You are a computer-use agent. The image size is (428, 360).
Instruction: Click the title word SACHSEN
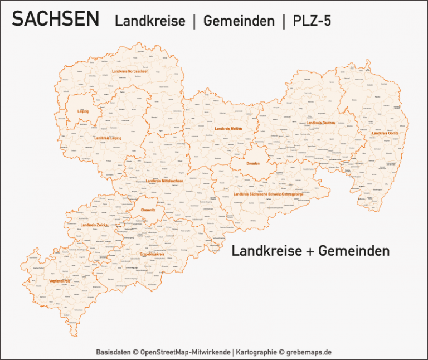(x=56, y=20)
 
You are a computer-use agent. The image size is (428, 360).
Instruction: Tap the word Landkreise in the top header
(x=150, y=21)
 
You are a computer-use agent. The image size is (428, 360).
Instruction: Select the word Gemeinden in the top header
(x=239, y=21)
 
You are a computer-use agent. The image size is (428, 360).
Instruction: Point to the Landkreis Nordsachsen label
(x=130, y=71)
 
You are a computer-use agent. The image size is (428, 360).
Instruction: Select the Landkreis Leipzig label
(x=108, y=138)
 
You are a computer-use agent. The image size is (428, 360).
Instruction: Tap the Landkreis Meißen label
(x=228, y=129)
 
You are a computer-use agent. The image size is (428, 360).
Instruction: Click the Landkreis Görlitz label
(x=385, y=133)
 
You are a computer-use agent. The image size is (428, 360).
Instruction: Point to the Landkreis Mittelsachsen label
(x=164, y=181)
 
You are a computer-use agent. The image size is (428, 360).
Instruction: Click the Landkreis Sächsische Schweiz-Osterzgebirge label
(x=269, y=194)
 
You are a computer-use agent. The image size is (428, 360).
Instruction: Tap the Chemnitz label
(x=148, y=210)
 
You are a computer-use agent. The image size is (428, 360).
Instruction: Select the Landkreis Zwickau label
(x=95, y=225)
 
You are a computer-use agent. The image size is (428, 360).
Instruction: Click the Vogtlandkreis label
(x=60, y=281)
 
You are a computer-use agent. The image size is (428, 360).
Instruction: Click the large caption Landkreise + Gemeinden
(x=310, y=251)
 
